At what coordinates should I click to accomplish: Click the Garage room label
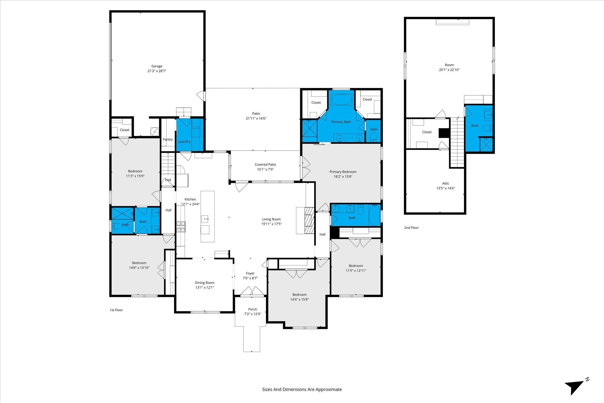pos(157,66)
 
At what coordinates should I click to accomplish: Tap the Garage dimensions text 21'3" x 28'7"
pos(157,71)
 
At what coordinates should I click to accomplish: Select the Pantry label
pos(168,140)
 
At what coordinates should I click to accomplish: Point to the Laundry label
pos(184,142)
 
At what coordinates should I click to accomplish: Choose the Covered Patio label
pos(265,165)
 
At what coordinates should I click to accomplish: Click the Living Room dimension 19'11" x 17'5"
pos(271,224)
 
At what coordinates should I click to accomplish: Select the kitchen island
pos(208,217)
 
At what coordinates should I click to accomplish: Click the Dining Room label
pos(205,283)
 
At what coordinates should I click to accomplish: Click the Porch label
pos(253,309)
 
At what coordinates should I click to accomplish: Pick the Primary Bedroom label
pos(343,172)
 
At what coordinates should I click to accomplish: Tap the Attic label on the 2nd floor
pos(446,184)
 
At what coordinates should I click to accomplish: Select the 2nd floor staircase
pos(457,142)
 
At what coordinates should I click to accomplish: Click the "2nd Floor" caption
pos(411,228)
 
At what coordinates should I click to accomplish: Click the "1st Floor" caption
pos(116,310)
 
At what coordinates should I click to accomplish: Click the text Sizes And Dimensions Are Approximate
pos(302,389)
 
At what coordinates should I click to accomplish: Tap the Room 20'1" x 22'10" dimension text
pos(449,70)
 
